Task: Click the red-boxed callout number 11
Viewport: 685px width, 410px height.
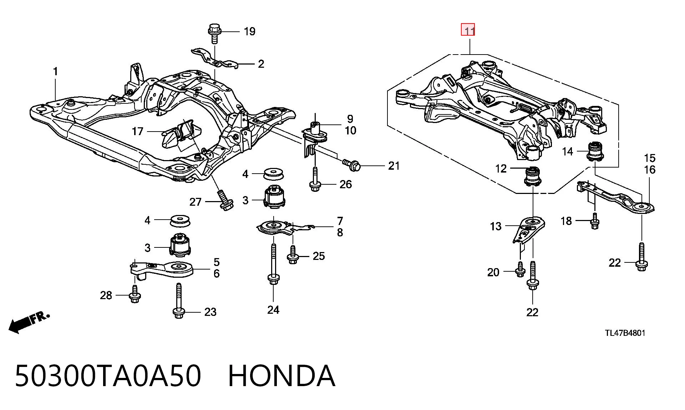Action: coord(468,30)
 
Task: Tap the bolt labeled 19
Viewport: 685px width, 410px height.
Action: coord(214,34)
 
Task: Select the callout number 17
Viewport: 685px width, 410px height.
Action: coord(137,132)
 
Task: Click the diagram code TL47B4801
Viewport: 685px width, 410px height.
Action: coord(625,333)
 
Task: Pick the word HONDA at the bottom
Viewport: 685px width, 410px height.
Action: coord(281,376)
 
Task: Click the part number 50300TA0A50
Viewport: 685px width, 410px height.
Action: coord(108,376)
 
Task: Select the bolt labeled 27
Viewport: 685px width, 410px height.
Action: coord(224,200)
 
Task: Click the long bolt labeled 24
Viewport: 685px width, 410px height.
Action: coord(273,264)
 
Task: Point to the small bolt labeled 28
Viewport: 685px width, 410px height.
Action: coord(135,294)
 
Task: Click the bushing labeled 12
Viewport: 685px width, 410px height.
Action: coord(532,176)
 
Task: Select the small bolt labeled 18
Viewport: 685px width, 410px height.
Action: coord(594,221)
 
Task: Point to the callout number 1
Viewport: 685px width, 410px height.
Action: coord(55,72)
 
